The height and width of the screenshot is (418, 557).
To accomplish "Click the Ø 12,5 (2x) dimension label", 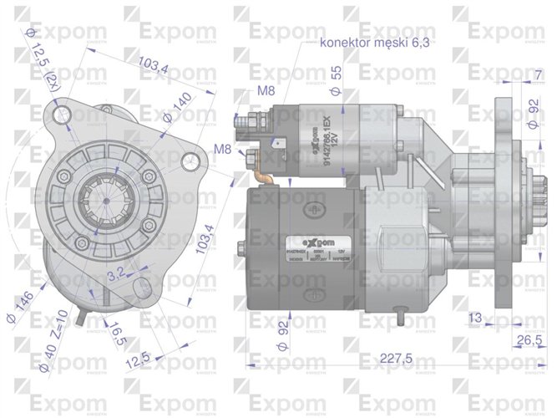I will tap(46, 64).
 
